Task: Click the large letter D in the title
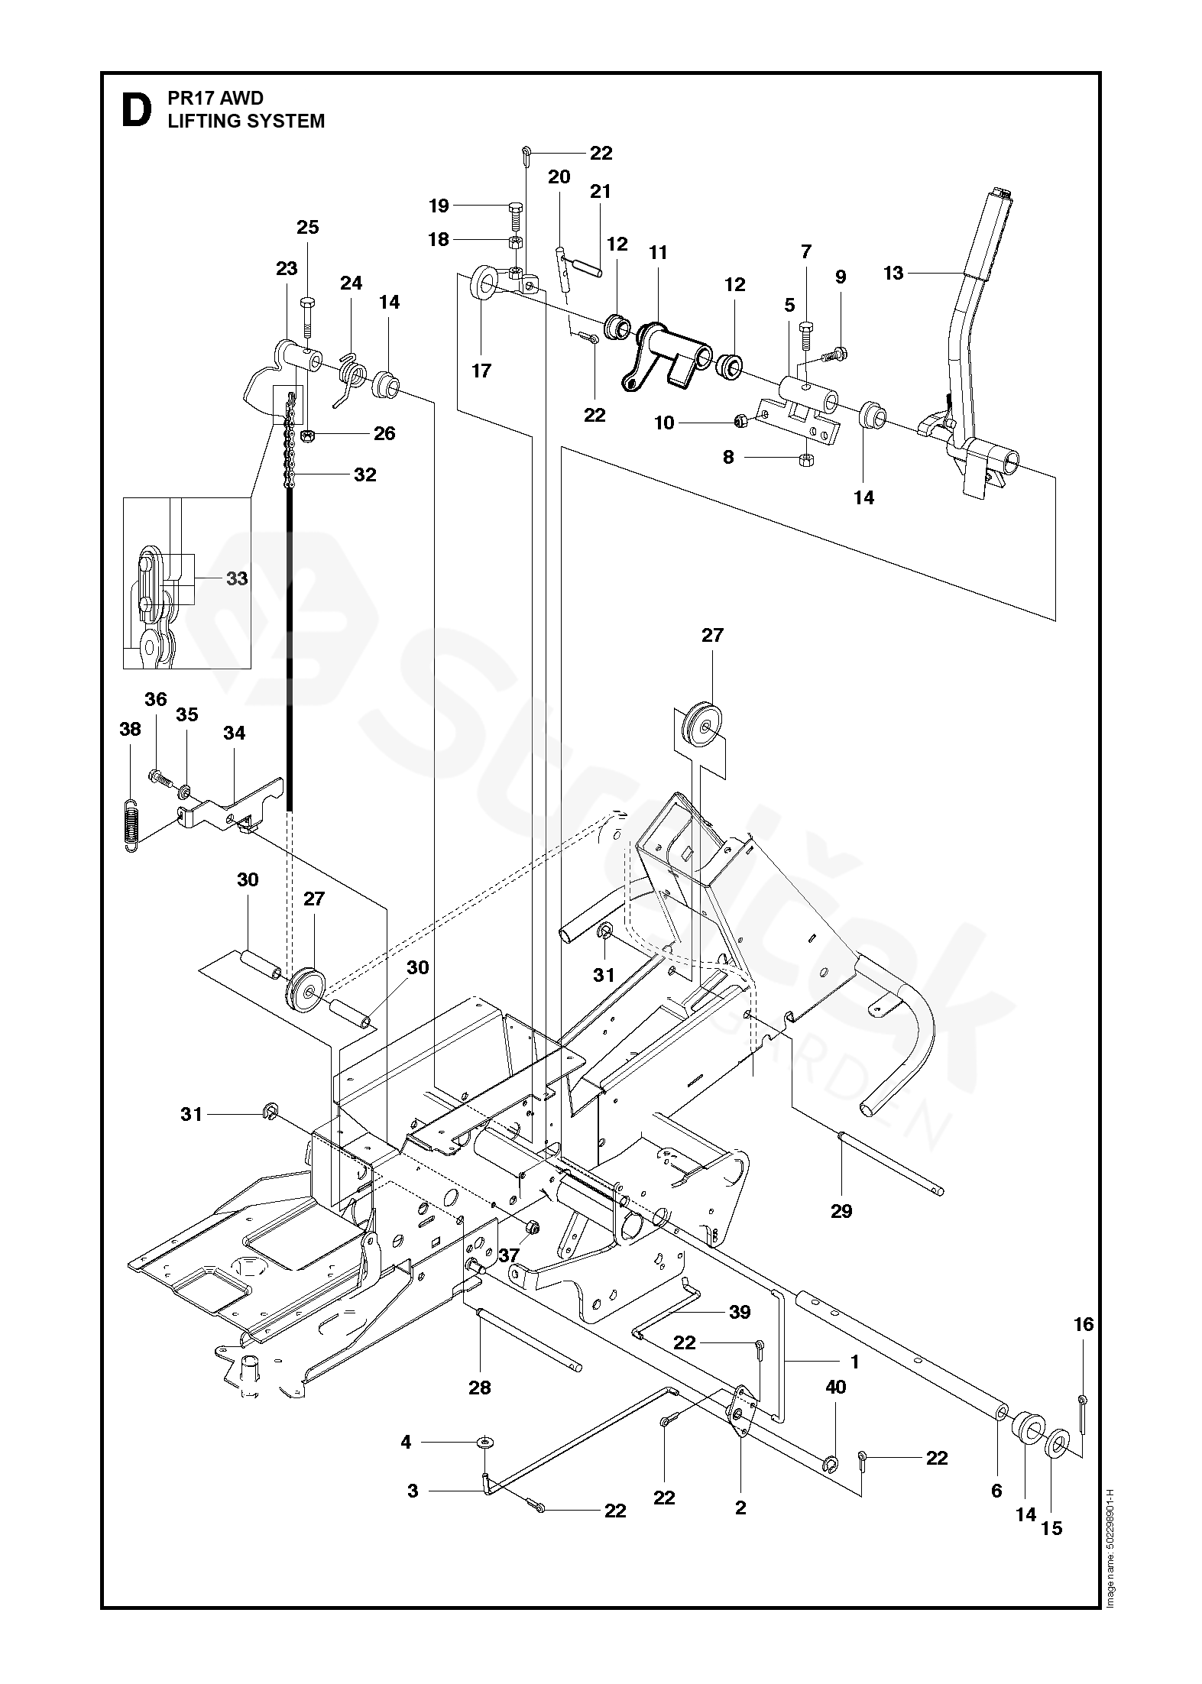(135, 110)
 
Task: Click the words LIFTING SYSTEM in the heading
(246, 121)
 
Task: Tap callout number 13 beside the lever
(893, 273)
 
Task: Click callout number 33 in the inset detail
(237, 578)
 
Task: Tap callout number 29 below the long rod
(841, 1210)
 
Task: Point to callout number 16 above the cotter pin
(1084, 1324)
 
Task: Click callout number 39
(740, 1312)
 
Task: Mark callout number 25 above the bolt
(307, 227)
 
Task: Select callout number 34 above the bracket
(234, 733)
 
